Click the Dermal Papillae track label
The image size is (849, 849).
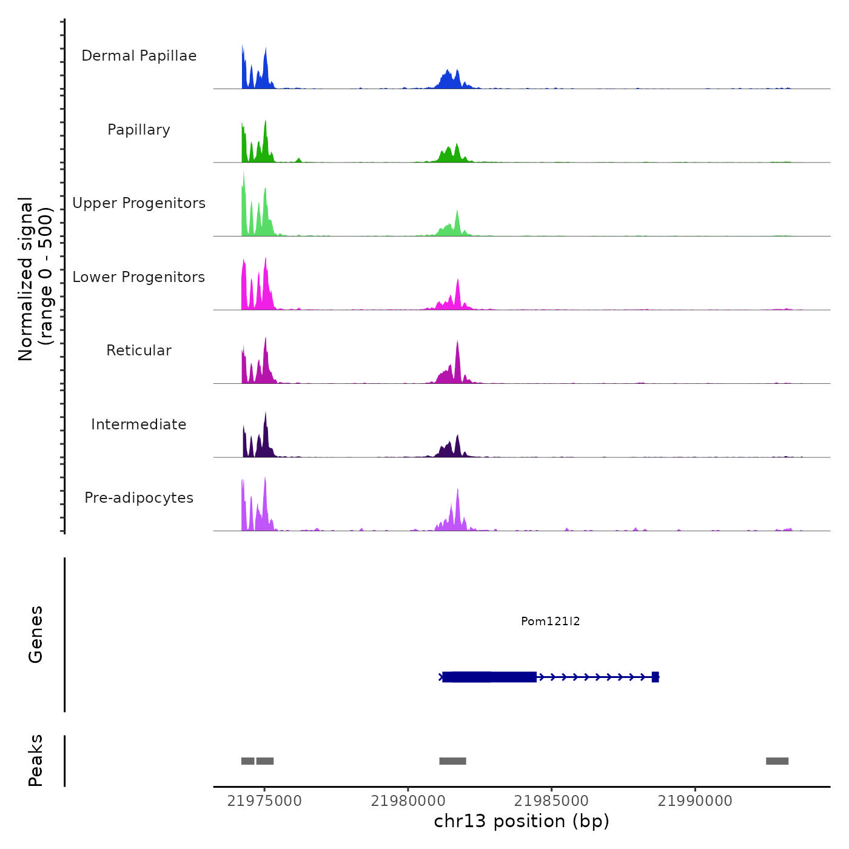click(139, 56)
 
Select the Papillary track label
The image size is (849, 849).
click(139, 130)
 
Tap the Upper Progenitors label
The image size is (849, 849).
click(139, 203)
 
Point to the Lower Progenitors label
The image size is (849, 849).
click(139, 277)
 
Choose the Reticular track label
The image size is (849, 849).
click(139, 351)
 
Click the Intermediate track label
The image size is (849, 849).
click(139, 424)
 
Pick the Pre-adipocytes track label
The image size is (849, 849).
click(139, 498)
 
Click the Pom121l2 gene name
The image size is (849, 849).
click(550, 621)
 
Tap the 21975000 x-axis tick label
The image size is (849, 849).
click(264, 801)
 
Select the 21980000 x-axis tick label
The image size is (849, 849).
click(408, 801)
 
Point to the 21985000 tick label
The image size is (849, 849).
click(551, 801)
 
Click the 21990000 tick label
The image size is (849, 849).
click(695, 801)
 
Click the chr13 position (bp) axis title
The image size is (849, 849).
click(522, 821)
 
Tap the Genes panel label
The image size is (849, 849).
click(36, 634)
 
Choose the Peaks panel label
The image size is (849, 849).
click(36, 760)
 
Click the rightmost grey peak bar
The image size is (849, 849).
click(777, 761)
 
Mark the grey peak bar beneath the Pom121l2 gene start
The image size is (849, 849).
click(452, 761)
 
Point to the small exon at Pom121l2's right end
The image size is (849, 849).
click(655, 677)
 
